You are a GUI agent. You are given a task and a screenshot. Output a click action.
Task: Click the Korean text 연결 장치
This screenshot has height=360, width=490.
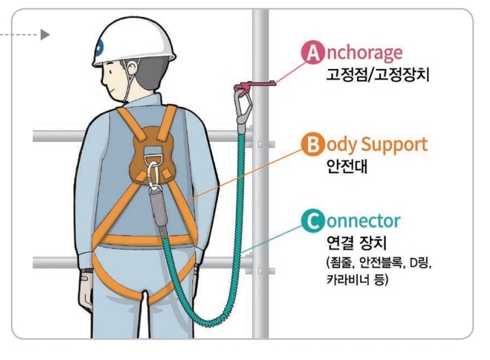pos(356,243)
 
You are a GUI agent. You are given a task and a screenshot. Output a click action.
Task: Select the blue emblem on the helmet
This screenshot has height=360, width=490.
pos(100,47)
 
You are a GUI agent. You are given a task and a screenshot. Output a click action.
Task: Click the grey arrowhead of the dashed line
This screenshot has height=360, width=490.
pos(46,33)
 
